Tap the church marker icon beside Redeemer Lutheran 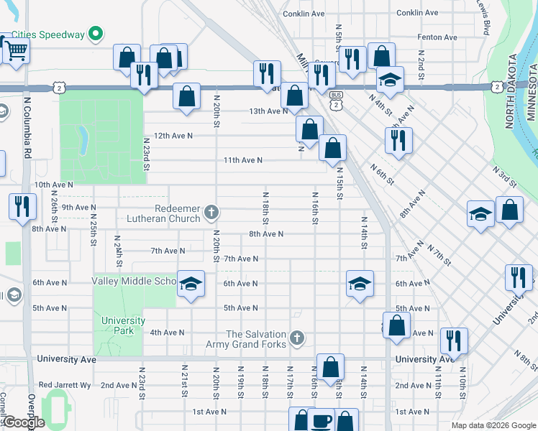tap(211, 212)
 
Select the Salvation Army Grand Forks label tap(257, 340)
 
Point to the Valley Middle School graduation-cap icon tap(191, 284)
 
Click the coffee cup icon tap(322, 421)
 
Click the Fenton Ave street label tap(437, 37)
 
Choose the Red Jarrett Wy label tap(65, 385)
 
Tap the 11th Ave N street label tap(242, 160)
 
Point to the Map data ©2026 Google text tap(493, 425)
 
